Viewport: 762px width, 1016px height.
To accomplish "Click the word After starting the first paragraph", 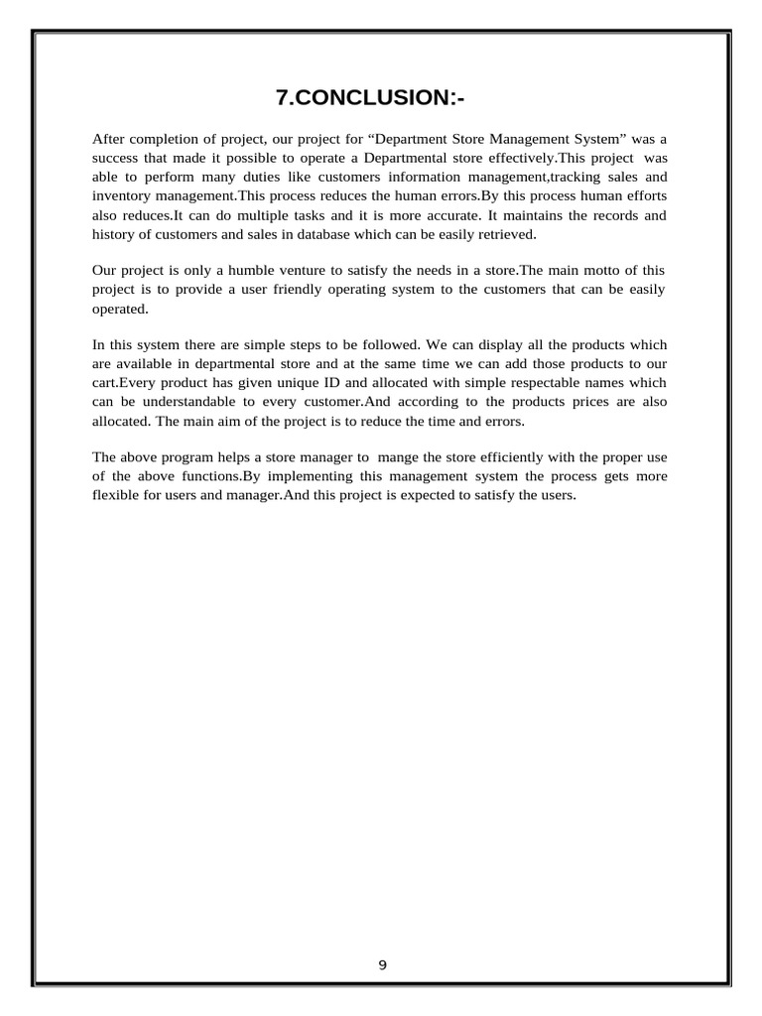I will coord(111,139).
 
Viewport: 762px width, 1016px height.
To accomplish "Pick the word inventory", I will coord(121,195).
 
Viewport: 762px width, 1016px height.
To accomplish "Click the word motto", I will coord(593,270).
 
